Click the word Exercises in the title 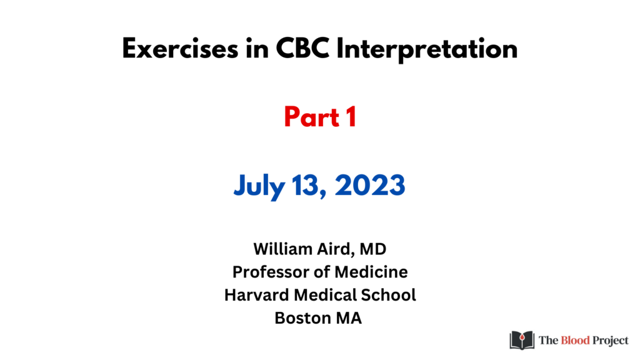click(180, 49)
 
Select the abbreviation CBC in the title click(302, 49)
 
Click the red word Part click(312, 117)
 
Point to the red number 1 click(351, 117)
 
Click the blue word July click(259, 186)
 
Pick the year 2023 click(370, 185)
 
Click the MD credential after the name click(373, 249)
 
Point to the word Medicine click(371, 272)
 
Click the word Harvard click(257, 295)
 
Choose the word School click(388, 295)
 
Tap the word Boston click(302, 318)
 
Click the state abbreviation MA click(349, 318)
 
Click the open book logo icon click(522, 340)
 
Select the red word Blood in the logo click(575, 340)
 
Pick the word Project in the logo click(611, 341)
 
